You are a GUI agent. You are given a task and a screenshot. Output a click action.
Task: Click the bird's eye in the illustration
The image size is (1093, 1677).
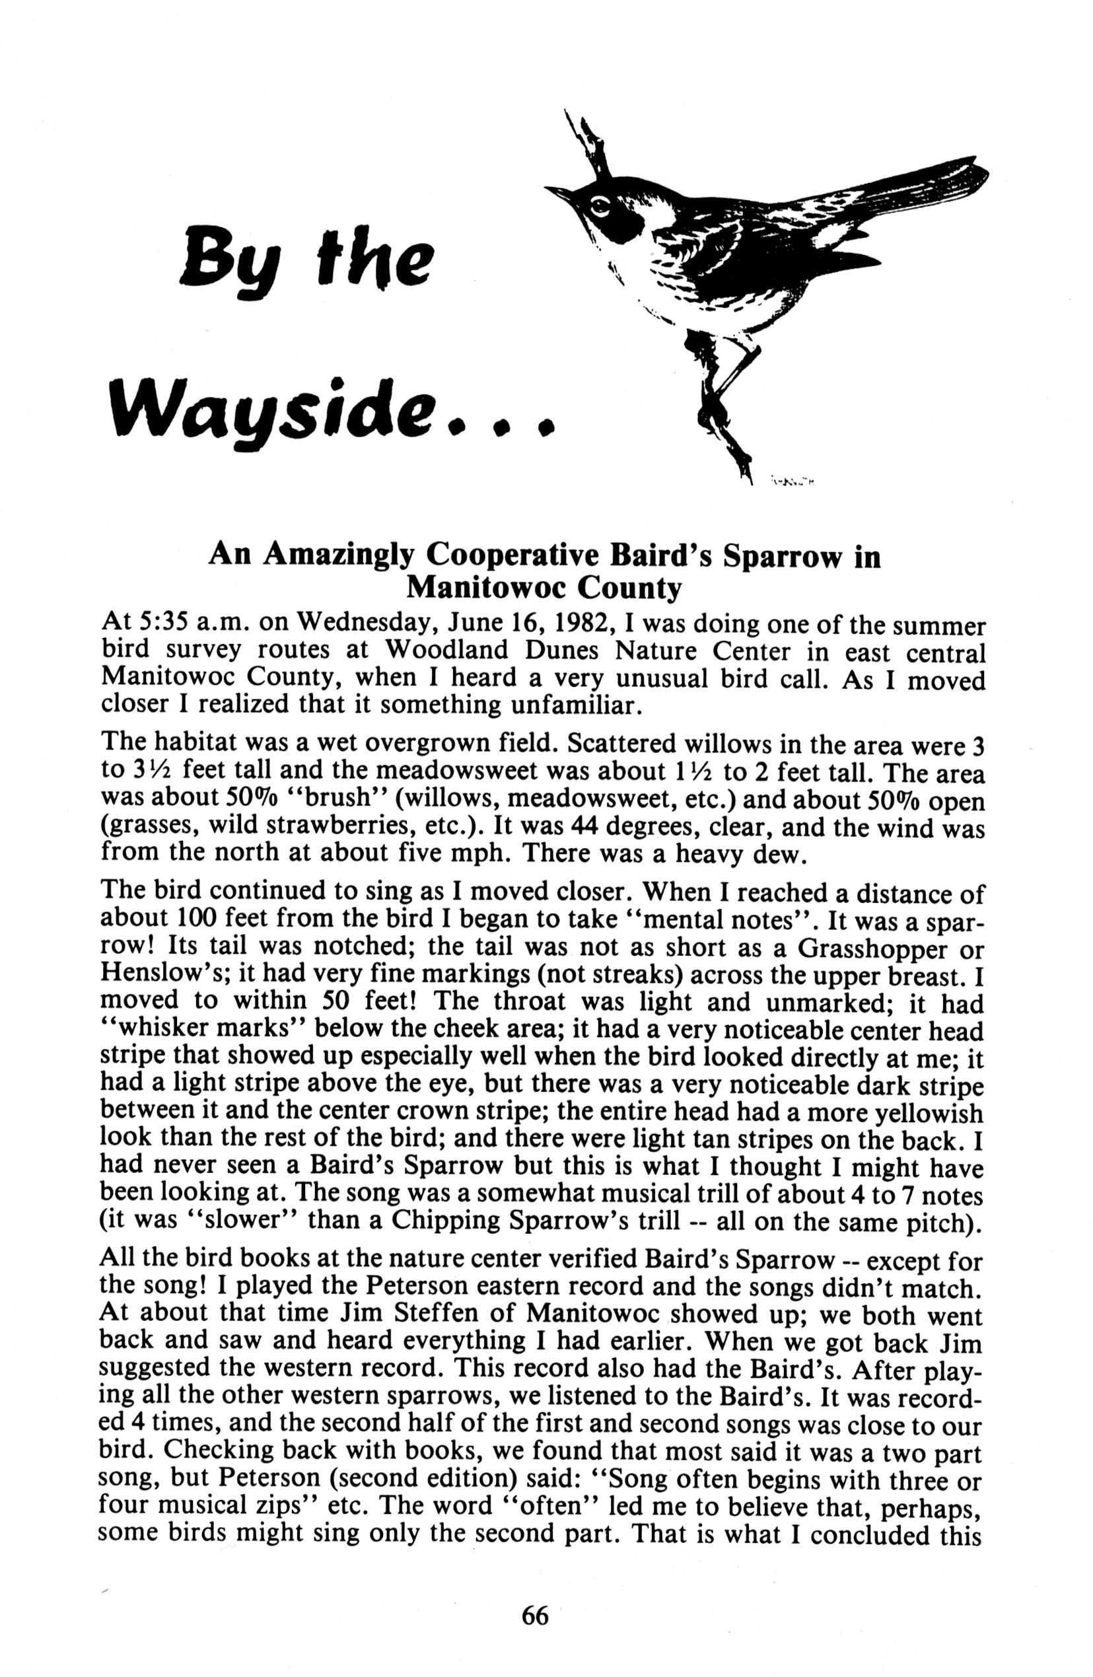pos(600,206)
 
